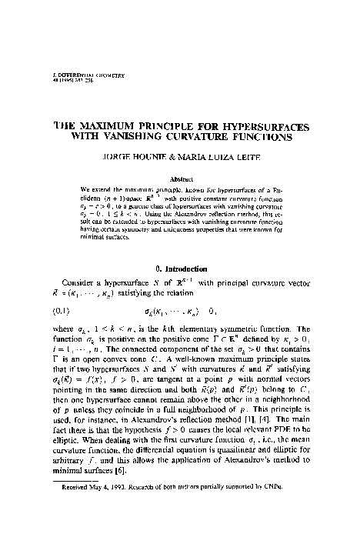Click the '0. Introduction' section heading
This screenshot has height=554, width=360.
click(180, 269)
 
